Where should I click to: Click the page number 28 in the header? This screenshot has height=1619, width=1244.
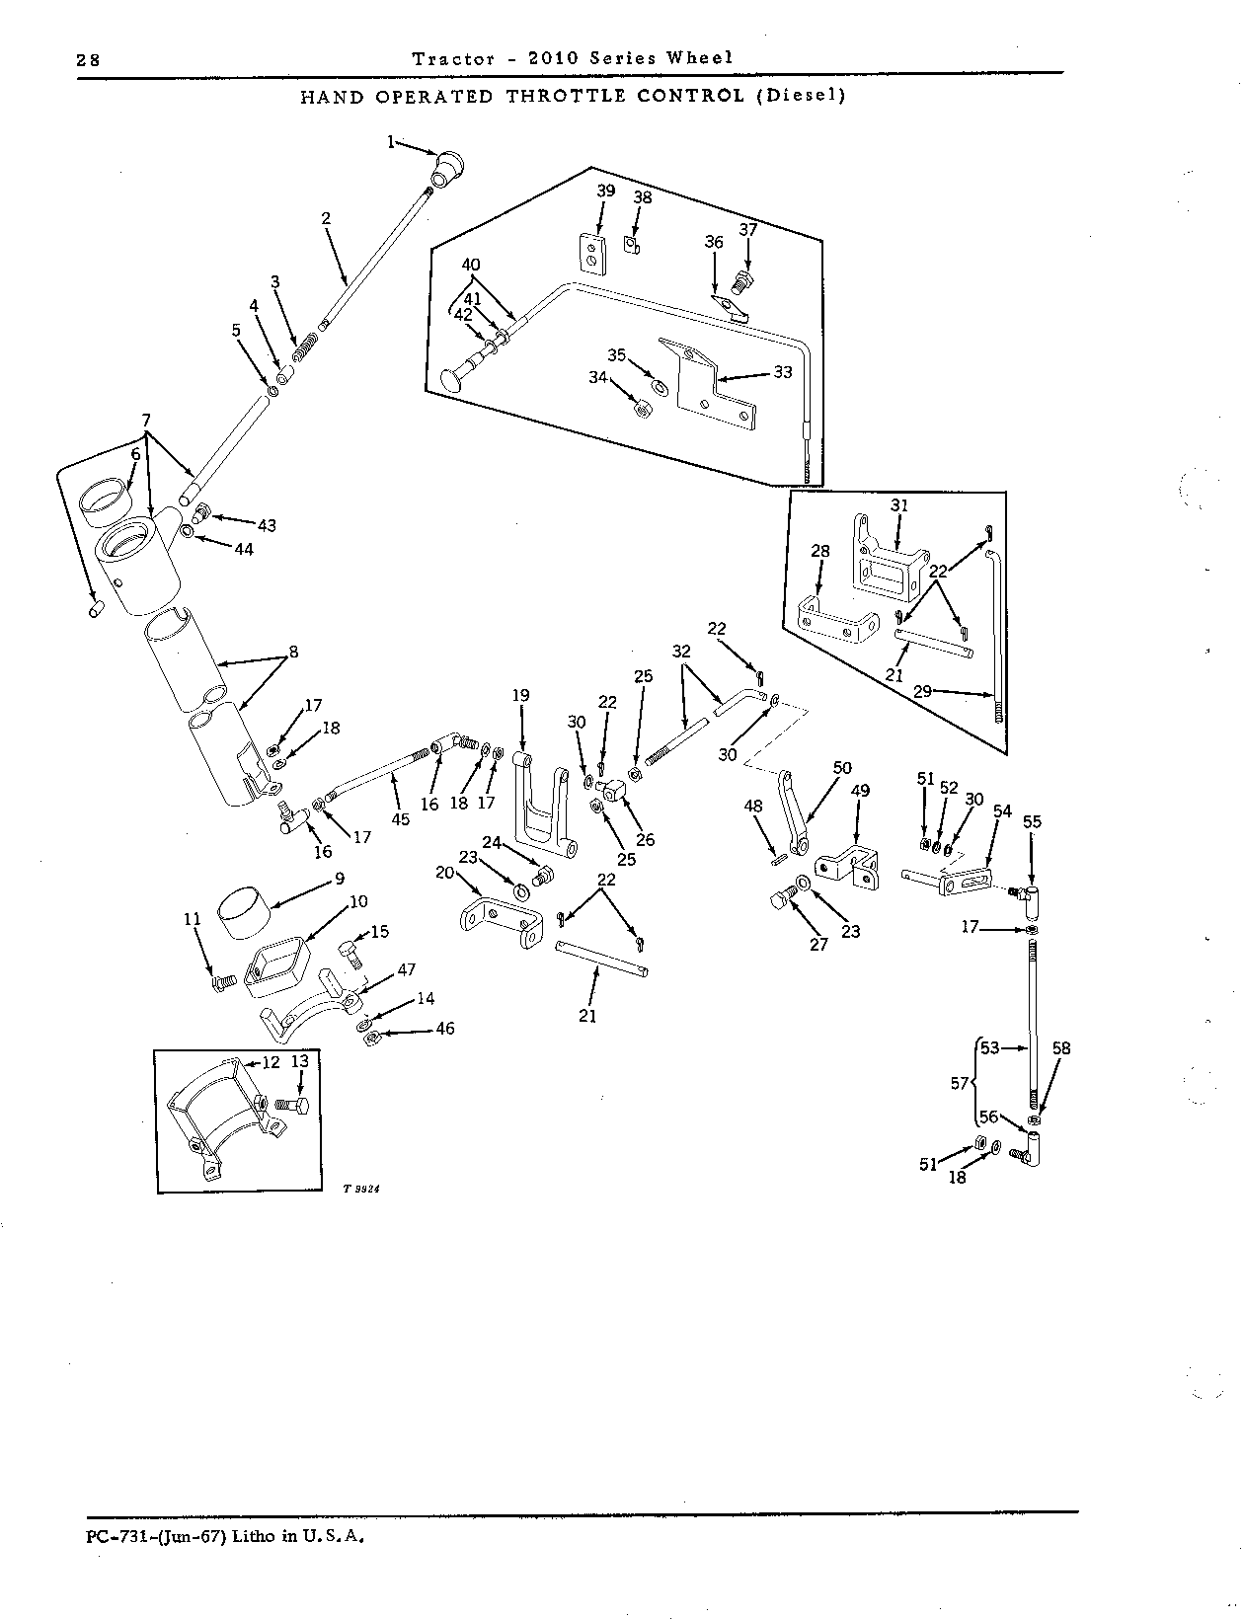[88, 60]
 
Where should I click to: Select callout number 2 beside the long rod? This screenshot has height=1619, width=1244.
[326, 218]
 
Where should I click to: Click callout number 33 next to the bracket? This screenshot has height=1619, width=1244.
[783, 372]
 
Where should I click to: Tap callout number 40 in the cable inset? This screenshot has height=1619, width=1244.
[471, 265]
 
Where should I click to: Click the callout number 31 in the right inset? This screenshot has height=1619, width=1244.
[899, 505]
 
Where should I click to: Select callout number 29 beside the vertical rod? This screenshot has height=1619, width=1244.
[923, 691]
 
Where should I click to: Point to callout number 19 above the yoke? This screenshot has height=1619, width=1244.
[520, 695]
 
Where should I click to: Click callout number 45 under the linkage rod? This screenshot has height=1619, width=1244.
[401, 819]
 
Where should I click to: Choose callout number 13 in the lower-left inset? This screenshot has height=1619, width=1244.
[299, 1061]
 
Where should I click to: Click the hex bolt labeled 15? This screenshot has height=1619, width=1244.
[351, 955]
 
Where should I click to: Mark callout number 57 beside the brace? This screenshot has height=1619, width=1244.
[960, 1083]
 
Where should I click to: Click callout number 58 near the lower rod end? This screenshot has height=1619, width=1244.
[1061, 1048]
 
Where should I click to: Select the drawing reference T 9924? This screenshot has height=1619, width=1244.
[361, 1190]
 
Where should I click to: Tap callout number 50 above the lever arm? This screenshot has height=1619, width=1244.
[842, 768]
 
